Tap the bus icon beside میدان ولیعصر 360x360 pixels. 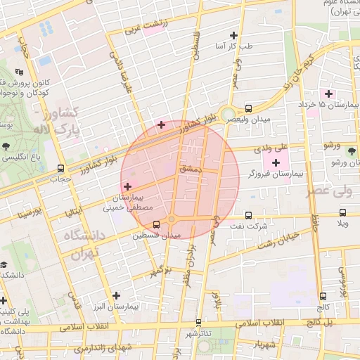pos(248,109)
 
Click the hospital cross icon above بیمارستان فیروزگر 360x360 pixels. pos(275,162)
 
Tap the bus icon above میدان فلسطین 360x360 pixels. pos(155,224)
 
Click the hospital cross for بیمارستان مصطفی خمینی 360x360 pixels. pos(127,186)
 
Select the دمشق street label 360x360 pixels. pos(191,169)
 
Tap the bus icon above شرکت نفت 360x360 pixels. pos(248,215)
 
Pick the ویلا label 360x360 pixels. pos(342,224)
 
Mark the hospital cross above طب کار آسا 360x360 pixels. pos(234,34)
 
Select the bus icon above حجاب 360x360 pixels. pos(61,169)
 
